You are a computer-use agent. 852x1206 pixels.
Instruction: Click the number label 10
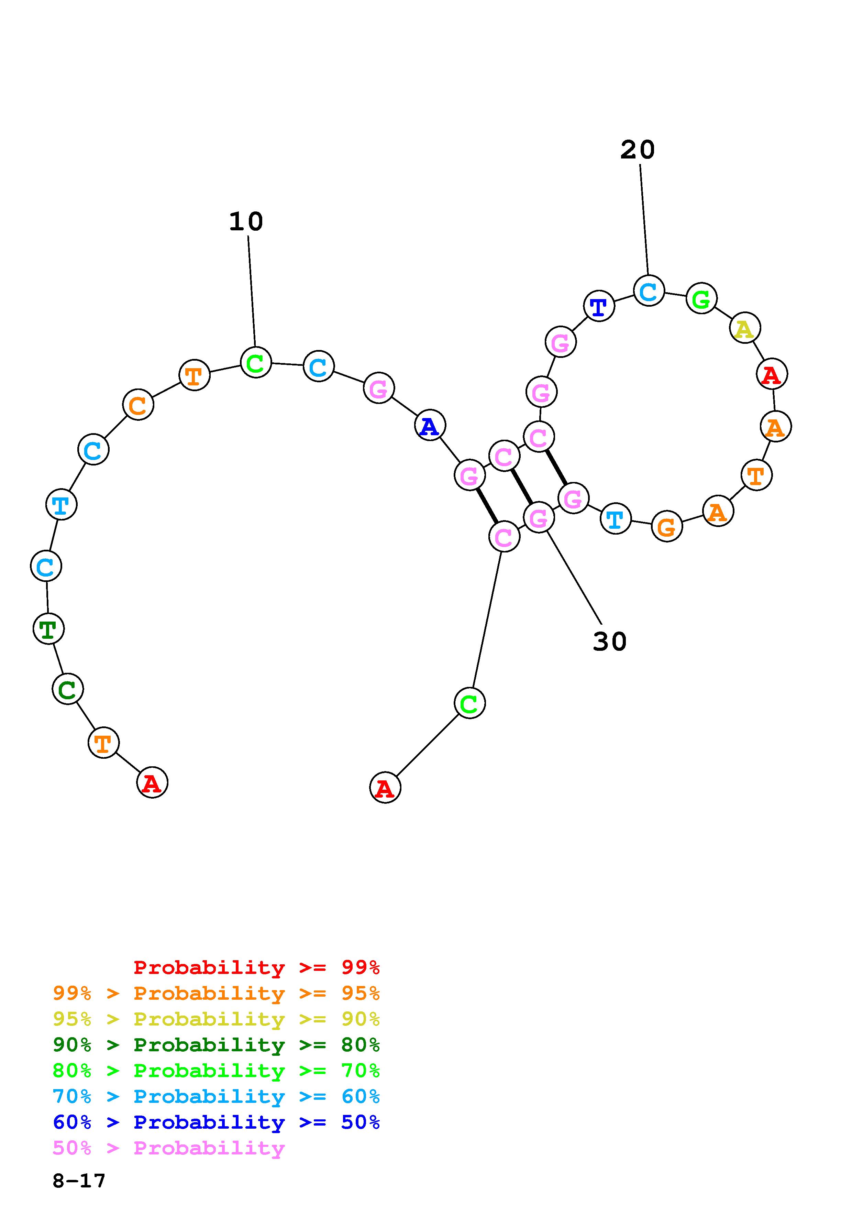coord(246,222)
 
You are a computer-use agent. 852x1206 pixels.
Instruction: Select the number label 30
coord(609,642)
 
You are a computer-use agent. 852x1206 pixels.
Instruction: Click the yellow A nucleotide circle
coord(744,328)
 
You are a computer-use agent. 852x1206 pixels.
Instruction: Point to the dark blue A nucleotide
coord(430,426)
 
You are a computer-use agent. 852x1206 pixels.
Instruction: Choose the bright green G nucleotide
coord(701,298)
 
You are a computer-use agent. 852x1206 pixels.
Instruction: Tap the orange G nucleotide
coord(667,526)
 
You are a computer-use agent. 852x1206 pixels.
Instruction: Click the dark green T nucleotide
coord(48,629)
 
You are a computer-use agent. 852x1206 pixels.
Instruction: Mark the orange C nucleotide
coord(138,405)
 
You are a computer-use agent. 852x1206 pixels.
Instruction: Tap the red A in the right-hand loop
coord(772,374)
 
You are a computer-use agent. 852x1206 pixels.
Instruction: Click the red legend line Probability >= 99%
coord(256,967)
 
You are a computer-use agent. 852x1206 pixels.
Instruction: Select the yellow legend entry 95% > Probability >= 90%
coord(216,1019)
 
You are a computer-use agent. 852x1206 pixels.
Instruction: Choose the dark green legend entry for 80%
coord(216,1045)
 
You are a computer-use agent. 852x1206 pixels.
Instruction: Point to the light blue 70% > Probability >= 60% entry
coord(216,1096)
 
